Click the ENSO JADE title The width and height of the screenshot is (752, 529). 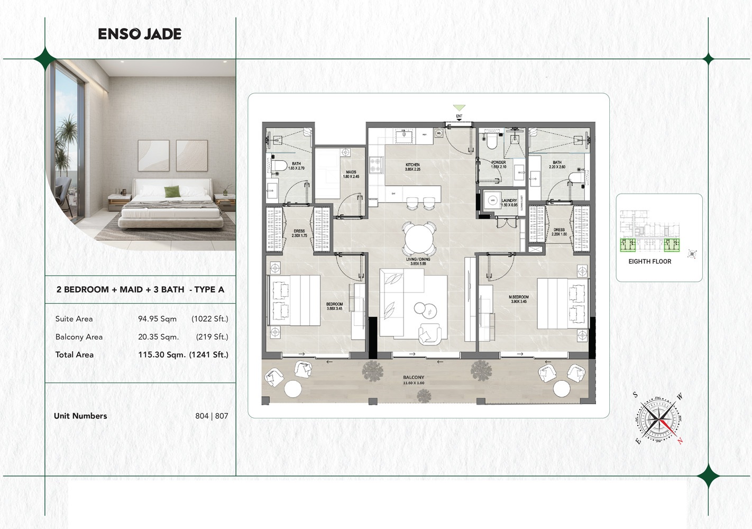pyautogui.click(x=140, y=34)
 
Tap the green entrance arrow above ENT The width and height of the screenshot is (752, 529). pyautogui.click(x=459, y=108)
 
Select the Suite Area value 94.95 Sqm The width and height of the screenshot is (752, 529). pyautogui.click(x=157, y=319)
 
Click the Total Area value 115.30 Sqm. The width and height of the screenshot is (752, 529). pyautogui.click(x=161, y=355)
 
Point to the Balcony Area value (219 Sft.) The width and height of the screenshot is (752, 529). pyautogui.click(x=212, y=337)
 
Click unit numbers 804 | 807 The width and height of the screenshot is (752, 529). pyautogui.click(x=212, y=416)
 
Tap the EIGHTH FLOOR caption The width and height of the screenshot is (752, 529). pyautogui.click(x=649, y=261)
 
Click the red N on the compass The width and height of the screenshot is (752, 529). pyautogui.click(x=680, y=441)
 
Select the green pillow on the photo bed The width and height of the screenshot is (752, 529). pyautogui.click(x=171, y=191)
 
